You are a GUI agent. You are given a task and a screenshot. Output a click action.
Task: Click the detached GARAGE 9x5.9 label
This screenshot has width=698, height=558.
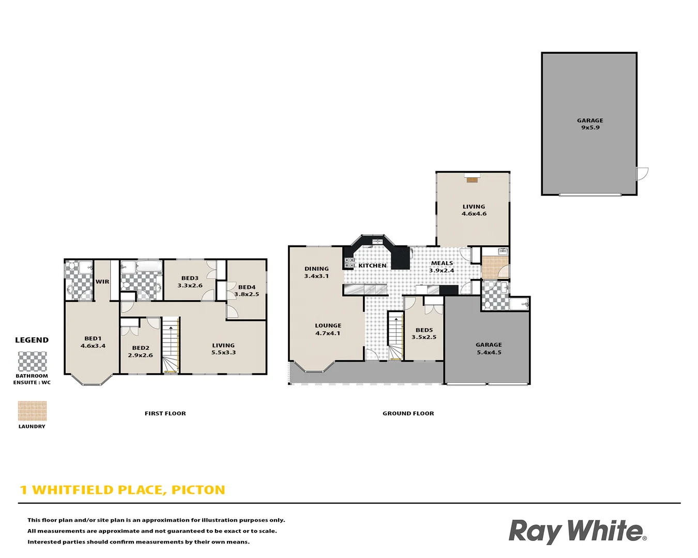point(590,124)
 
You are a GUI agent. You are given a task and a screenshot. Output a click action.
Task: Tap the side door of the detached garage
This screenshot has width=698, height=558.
point(642,174)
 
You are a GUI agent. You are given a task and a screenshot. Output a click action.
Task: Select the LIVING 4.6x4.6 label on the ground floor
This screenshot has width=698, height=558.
point(474,210)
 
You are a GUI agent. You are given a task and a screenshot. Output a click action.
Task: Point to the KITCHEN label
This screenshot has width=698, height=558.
point(372,266)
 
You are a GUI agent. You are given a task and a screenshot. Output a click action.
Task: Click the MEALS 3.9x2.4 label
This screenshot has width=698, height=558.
point(442,267)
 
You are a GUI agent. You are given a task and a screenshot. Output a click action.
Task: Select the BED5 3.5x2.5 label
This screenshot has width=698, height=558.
point(424,333)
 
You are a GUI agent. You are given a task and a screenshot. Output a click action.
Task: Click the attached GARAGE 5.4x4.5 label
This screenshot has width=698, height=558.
point(489,348)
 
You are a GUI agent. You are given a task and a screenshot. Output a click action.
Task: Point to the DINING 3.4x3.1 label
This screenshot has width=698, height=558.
point(316,272)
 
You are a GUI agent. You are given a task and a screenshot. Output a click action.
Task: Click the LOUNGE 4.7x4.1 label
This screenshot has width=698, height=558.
point(328,329)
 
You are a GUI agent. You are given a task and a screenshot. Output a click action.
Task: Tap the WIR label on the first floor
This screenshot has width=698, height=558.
point(102,282)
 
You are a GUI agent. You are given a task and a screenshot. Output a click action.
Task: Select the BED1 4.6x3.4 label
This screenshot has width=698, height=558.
point(93,342)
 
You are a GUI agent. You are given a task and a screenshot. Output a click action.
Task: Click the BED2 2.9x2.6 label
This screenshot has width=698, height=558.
point(140,351)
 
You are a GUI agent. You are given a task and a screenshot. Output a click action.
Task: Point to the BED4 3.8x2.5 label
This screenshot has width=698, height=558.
point(247,290)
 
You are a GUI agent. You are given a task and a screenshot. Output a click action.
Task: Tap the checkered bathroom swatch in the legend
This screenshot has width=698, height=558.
point(33,362)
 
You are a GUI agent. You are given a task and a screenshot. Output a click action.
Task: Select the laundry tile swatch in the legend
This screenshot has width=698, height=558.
point(32,411)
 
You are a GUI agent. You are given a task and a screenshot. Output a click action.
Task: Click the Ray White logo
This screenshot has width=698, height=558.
point(577,531)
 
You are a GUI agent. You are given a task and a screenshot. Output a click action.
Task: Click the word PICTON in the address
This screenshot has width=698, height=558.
point(198,490)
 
